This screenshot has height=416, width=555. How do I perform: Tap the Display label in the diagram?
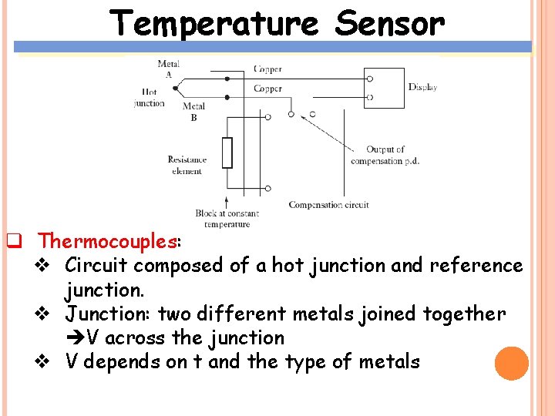click(422, 87)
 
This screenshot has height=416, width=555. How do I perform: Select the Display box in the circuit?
click(384, 88)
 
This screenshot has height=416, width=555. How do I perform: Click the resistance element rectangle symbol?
click(227, 153)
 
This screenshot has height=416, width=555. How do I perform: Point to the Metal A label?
click(169, 69)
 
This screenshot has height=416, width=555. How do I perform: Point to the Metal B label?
click(193, 112)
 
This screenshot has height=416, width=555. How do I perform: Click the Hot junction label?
click(149, 97)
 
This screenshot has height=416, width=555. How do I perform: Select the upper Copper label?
click(267, 69)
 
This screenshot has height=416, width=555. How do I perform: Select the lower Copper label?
click(267, 89)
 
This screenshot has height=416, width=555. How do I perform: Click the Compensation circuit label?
click(328, 205)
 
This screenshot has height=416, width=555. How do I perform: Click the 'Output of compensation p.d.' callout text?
click(385, 155)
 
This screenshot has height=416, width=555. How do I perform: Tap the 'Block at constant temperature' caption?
click(227, 218)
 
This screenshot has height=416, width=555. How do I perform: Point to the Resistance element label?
click(187, 165)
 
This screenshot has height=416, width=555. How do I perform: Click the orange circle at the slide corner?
click(511, 364)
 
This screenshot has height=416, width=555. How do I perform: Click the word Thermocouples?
click(108, 241)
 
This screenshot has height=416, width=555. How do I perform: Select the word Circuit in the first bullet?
click(96, 266)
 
